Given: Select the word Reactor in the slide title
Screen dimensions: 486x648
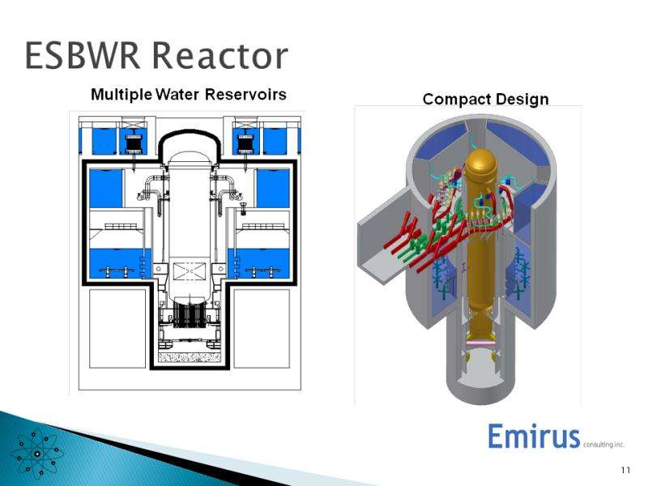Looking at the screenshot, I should coord(220,56).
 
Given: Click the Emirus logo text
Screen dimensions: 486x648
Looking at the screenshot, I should coord(534,437).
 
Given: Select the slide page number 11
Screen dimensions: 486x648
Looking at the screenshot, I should coord(625,470).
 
